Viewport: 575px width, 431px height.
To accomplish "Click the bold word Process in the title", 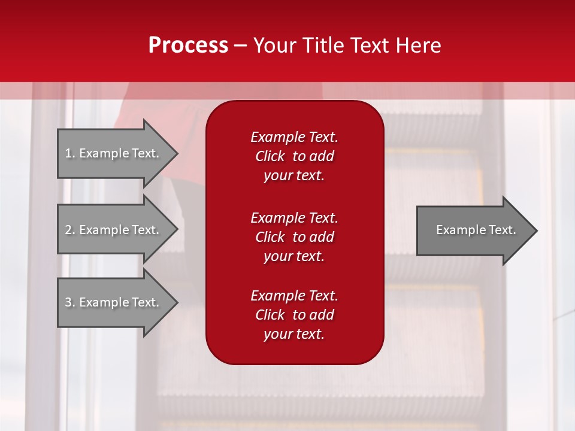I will tap(188, 45).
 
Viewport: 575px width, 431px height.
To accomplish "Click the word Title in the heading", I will tap(322, 45).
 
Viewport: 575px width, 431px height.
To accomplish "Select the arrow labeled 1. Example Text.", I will tap(114, 153).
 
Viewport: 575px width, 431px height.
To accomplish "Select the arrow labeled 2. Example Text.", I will tap(114, 230).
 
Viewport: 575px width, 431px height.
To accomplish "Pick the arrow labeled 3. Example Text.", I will tap(114, 302).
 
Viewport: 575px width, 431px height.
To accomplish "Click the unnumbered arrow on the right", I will tap(473, 230).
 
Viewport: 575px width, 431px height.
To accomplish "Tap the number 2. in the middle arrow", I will tap(70, 230).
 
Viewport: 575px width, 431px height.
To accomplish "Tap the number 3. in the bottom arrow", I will tap(70, 302).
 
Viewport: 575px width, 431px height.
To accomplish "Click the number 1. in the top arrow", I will tap(69, 153).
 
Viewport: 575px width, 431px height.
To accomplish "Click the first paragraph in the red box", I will tap(294, 156).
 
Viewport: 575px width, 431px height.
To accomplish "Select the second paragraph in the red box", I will tap(294, 237).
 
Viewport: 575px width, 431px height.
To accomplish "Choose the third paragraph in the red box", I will tap(294, 315).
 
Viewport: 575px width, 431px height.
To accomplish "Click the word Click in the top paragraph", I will tap(270, 156).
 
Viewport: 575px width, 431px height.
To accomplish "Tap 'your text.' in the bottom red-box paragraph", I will tap(294, 334).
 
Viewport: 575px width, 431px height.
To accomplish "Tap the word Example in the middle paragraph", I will tap(277, 218).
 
